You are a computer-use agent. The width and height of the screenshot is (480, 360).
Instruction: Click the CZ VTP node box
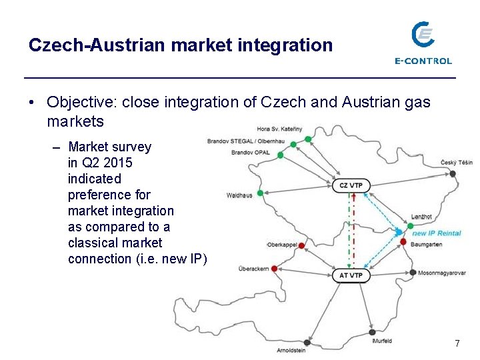[x=351, y=185]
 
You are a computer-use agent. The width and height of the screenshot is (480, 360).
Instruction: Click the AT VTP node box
[x=351, y=275]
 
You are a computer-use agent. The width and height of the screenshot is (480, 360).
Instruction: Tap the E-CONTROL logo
[x=423, y=43]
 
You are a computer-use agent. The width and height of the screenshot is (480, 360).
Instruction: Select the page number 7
[x=457, y=343]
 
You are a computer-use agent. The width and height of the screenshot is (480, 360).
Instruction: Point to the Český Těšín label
[x=456, y=163]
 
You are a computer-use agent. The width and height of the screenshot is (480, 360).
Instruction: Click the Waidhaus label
[x=239, y=196]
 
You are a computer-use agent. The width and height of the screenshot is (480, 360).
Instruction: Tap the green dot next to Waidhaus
[x=260, y=193]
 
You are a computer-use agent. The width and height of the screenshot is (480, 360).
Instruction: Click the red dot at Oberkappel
[x=301, y=246]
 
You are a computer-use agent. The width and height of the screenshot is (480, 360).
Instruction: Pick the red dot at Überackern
[x=274, y=269]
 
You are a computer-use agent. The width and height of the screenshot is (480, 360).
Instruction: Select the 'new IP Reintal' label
[x=437, y=233]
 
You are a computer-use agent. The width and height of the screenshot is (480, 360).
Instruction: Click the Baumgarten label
[x=427, y=245]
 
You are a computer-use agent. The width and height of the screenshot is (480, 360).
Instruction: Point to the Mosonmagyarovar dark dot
[x=413, y=272]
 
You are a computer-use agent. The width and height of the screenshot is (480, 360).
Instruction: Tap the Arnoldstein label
[x=291, y=350]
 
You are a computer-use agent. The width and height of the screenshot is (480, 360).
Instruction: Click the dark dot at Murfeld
[x=372, y=332]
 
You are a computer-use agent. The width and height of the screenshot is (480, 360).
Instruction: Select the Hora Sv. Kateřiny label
[x=279, y=129]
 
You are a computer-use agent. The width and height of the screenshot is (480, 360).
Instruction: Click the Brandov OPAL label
[x=250, y=153]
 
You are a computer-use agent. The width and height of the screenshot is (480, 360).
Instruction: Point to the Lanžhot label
[x=421, y=217]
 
